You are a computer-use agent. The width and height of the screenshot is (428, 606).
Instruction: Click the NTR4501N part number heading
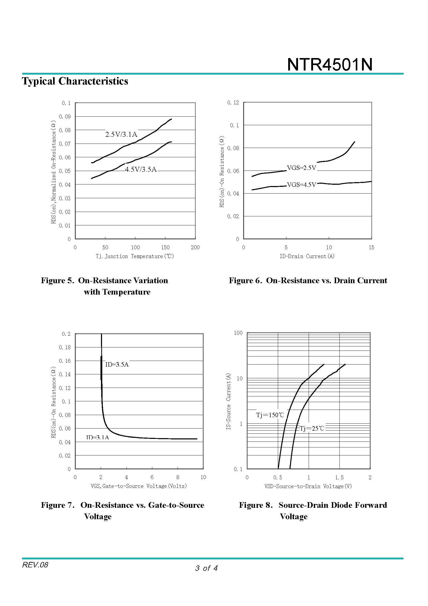[x=330, y=65]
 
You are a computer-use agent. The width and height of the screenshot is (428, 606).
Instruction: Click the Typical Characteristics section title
[x=75, y=81]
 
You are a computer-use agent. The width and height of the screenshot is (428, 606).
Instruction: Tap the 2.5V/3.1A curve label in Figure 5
[x=121, y=135]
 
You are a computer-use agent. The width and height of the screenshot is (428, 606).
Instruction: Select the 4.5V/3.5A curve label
[x=141, y=169]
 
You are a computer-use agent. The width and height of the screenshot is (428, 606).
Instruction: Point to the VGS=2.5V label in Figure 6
[x=301, y=168]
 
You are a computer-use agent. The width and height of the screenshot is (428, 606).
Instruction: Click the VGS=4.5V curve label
[x=301, y=185]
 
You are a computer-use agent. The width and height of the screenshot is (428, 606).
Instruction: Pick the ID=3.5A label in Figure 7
[x=117, y=365]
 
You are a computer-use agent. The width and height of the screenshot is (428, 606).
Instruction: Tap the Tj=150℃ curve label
[x=270, y=415]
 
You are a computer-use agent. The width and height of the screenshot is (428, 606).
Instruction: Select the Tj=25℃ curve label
[x=312, y=428]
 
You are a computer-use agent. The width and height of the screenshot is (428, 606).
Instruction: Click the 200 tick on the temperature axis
[x=195, y=247]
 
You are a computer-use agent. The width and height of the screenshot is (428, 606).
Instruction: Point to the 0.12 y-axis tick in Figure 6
[x=233, y=103]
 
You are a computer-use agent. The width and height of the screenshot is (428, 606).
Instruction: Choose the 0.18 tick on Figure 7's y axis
[x=65, y=347]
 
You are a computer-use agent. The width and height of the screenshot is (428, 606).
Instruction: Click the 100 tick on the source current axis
[x=238, y=333]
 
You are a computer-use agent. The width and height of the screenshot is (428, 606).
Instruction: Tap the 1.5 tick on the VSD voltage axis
[x=339, y=477]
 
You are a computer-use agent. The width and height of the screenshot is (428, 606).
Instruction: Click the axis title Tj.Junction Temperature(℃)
[x=135, y=256]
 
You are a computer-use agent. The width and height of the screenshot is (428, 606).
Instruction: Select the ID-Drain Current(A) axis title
[x=307, y=256]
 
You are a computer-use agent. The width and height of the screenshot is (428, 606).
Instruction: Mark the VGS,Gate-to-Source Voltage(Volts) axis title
[x=139, y=486]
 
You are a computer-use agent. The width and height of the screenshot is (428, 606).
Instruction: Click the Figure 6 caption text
[x=308, y=280]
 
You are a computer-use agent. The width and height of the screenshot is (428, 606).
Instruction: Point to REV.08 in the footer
[x=35, y=565]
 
